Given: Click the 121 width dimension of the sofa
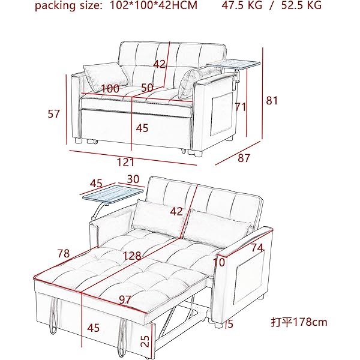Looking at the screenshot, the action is click(x=125, y=163).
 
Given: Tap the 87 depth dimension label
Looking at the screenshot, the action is click(x=244, y=158).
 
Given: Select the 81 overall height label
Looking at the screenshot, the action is click(x=272, y=101).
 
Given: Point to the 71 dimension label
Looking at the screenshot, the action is click(x=241, y=107).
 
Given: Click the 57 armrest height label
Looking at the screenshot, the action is click(x=53, y=114).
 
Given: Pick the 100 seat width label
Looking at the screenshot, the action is click(x=110, y=89).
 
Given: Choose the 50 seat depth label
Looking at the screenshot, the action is click(x=147, y=88).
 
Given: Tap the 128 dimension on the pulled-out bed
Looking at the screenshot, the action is click(x=132, y=256).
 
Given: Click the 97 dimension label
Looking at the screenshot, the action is click(x=125, y=300).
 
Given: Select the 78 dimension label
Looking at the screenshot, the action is click(x=64, y=253).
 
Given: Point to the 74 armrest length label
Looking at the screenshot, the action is click(x=257, y=247).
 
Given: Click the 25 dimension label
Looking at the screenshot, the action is click(x=145, y=341).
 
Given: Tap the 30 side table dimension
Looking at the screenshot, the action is click(x=133, y=179).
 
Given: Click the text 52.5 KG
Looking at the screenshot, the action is click(x=301, y=5).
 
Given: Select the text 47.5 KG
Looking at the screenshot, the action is click(x=242, y=5).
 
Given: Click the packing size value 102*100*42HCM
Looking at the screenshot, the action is click(x=154, y=5).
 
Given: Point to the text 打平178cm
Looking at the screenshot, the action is click(x=299, y=322).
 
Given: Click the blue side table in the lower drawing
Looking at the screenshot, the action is click(x=113, y=195).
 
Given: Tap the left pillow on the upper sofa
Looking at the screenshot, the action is click(x=106, y=77).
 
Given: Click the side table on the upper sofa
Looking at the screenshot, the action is click(x=233, y=65).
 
